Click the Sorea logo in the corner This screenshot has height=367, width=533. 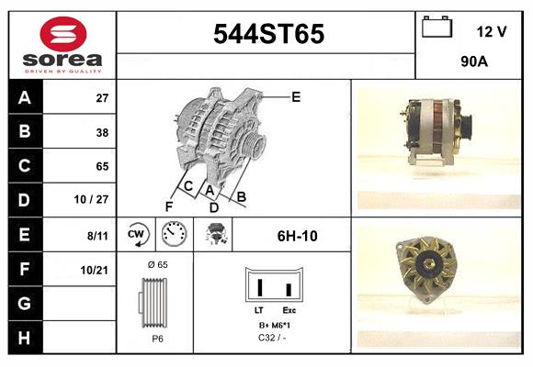click(62, 45)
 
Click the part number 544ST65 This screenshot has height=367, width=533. click(268, 35)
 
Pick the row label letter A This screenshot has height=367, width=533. click(24, 98)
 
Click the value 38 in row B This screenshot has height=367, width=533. click(102, 132)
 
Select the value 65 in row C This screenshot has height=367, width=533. click(102, 166)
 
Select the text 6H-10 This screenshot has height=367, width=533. click(297, 236)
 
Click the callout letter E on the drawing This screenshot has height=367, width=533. click(296, 96)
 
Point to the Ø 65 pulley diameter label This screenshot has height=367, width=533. click(157, 264)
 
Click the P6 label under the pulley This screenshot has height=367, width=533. click(156, 338)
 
